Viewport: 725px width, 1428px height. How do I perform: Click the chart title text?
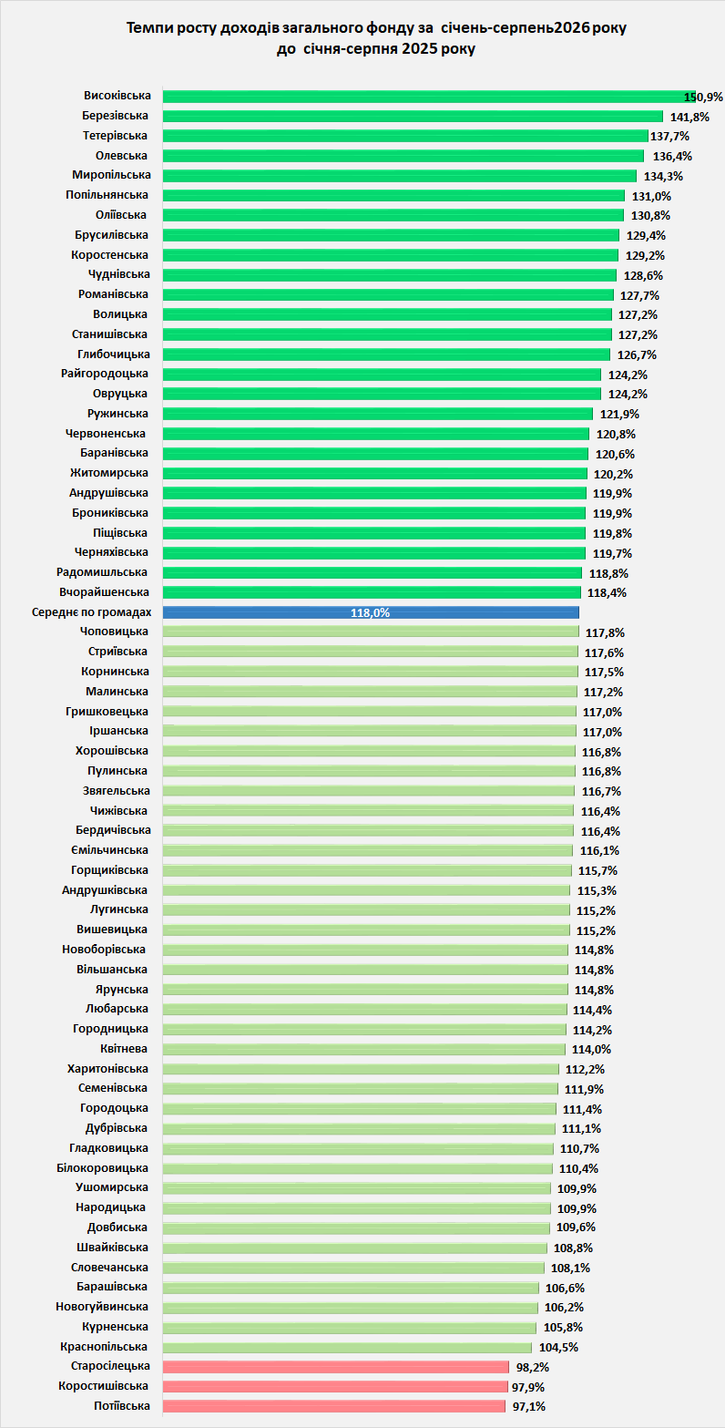(376, 38)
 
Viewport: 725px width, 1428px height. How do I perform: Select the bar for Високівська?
(429, 97)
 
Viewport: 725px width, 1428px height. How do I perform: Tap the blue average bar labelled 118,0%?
(371, 612)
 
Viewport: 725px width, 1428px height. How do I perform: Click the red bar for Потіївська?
(334, 1406)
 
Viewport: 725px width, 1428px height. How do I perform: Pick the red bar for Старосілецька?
(336, 1366)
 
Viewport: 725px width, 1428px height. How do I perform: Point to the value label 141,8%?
(689, 117)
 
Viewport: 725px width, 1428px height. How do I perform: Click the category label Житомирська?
(109, 472)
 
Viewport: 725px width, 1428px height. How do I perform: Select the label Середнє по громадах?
(92, 612)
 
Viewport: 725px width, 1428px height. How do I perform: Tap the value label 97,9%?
(528, 1387)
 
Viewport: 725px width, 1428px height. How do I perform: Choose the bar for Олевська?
(403, 156)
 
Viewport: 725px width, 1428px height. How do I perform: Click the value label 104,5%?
(558, 1347)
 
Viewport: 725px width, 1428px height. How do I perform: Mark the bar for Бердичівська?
(368, 831)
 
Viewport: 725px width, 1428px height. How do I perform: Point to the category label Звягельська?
(117, 790)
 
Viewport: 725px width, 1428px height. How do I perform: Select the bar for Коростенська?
(391, 255)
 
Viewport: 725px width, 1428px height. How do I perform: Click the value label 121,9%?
(619, 415)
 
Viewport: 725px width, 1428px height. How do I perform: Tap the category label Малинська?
(117, 691)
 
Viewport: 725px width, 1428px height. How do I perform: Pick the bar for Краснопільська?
(347, 1346)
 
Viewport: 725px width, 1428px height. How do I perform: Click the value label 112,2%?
(585, 1069)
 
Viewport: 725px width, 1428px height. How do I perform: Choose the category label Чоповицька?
(114, 632)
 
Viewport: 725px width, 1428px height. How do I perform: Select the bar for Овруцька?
(383, 394)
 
